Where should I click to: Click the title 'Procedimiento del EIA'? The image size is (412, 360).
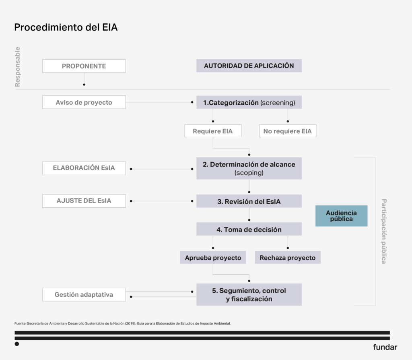tap(66, 27)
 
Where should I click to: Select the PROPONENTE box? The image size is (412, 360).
tap(84, 66)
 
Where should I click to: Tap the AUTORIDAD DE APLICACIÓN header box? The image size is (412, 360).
tap(249, 66)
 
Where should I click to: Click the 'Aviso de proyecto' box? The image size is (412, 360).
tap(84, 102)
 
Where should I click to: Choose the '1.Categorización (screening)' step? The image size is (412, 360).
tap(249, 102)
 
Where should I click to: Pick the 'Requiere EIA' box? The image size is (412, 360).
tap(212, 131)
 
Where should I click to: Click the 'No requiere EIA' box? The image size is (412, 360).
tap(287, 131)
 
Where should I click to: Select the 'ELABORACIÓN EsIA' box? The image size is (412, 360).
tap(84, 168)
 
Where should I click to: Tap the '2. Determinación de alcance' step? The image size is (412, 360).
tap(249, 168)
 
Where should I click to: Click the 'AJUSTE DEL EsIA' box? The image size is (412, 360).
tap(84, 201)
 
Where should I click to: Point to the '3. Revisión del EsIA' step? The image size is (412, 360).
tap(249, 201)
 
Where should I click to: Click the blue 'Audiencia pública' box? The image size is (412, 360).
tap(341, 216)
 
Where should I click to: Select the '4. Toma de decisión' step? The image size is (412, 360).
tap(249, 229)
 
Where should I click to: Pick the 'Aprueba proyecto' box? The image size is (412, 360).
tap(213, 258)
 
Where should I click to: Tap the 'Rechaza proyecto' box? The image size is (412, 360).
tap(287, 258)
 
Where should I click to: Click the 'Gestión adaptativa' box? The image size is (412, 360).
tap(84, 294)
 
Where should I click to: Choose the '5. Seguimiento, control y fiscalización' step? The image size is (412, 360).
tap(249, 295)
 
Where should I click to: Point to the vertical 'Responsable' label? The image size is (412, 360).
tap(17, 67)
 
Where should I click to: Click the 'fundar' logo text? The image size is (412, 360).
tap(385, 347)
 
